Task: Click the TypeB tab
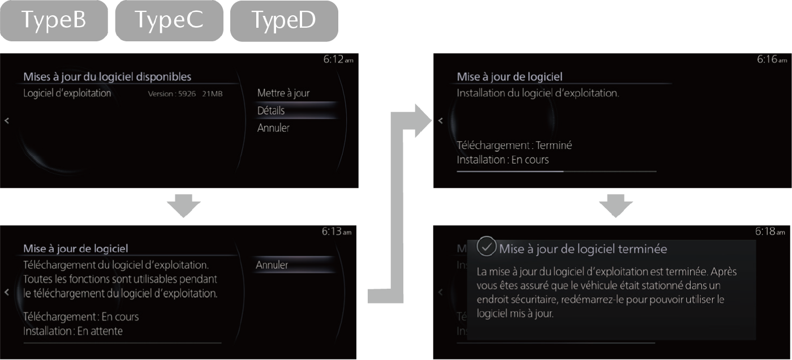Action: [x=54, y=20]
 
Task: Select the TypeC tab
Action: [x=169, y=20]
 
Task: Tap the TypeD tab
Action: [x=284, y=21]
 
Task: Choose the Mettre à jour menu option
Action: [x=283, y=93]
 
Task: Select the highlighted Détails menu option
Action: [x=271, y=111]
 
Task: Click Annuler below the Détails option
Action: [x=273, y=128]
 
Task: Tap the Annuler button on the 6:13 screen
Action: [x=272, y=265]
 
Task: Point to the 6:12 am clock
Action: [x=338, y=59]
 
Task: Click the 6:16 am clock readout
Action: [x=772, y=59]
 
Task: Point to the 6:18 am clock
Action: [x=770, y=232]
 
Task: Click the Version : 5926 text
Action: [x=171, y=94]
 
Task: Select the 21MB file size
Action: [x=212, y=94]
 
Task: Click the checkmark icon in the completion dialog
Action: [x=486, y=246]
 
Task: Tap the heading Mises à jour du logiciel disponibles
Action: [x=107, y=77]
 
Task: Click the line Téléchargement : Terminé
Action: [x=514, y=145]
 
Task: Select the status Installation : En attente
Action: [x=73, y=331]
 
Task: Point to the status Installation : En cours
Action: [x=502, y=160]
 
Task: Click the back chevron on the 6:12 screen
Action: [x=7, y=121]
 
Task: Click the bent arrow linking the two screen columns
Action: [x=397, y=209]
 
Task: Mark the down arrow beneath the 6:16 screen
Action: [x=615, y=205]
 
